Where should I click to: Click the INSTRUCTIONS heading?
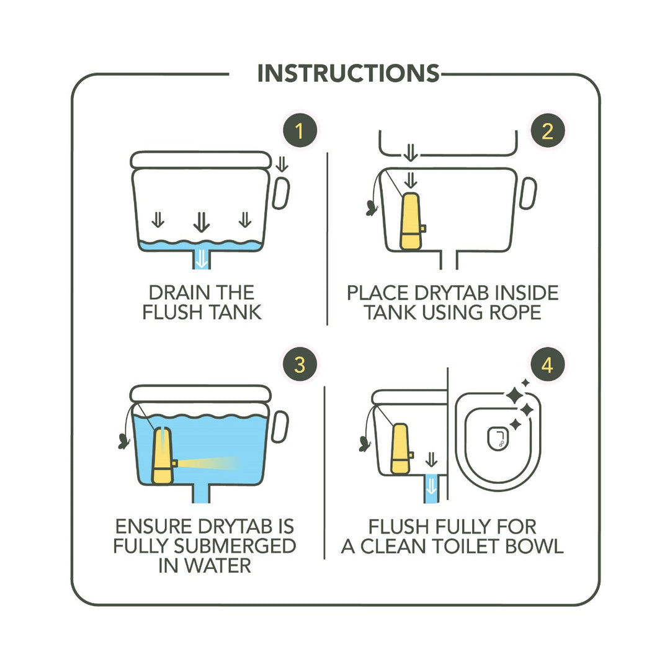coord(348,73)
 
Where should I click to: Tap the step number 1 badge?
coord(300,131)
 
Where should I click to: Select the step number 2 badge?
coord(547,131)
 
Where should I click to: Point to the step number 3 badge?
coord(300,365)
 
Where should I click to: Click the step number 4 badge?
coord(547,365)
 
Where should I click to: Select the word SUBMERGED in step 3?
coord(234,546)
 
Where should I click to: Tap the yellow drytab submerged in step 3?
coord(164,455)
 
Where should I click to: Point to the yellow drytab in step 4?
coord(401,449)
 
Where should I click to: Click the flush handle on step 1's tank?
coord(281,193)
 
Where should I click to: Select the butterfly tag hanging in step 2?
coord(372,208)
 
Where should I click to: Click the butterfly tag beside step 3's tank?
coord(124,442)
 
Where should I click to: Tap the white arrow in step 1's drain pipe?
coord(201,259)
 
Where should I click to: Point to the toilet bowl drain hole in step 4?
coord(498,439)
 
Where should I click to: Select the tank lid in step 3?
coord(200,393)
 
